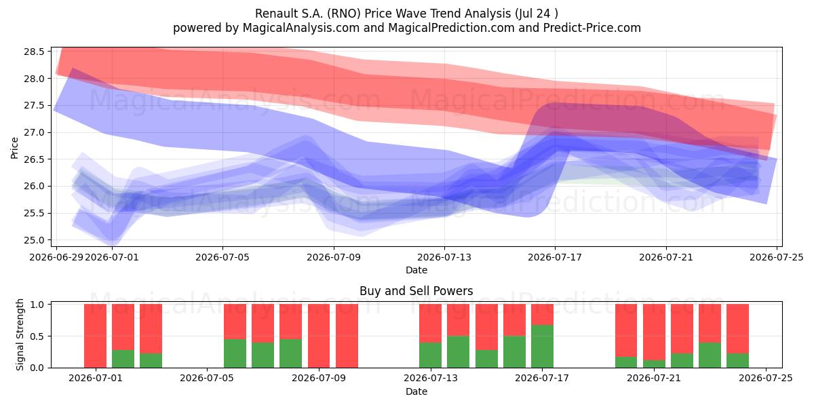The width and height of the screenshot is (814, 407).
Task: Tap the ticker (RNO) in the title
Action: [x=344, y=14]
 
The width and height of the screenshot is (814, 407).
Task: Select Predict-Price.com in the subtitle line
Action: [x=592, y=28]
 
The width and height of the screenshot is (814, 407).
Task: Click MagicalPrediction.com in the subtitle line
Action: [x=451, y=28]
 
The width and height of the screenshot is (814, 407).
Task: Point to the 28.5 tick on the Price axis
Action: [x=34, y=52]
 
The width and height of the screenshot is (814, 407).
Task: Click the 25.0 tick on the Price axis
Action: [x=34, y=240]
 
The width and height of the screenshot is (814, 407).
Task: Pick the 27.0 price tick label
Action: [x=34, y=133]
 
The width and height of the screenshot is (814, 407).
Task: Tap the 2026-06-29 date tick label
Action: [x=56, y=257]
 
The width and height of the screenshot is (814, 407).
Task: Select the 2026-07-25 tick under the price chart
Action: [x=777, y=257]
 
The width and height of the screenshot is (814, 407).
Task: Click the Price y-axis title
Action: [x=14, y=148]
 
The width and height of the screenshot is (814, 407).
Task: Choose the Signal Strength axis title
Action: [x=20, y=334]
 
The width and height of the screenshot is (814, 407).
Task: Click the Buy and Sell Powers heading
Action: [x=416, y=291]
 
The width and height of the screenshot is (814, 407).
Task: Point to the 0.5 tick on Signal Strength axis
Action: [x=37, y=336]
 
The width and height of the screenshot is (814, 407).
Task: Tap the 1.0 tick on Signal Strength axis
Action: [x=37, y=305]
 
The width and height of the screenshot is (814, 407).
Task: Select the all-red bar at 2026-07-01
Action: [x=95, y=336]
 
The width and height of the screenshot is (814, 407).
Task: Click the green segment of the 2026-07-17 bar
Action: [x=542, y=347]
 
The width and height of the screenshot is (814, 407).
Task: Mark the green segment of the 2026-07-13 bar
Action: [x=430, y=355]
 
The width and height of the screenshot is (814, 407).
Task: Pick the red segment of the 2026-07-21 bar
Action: [x=654, y=332]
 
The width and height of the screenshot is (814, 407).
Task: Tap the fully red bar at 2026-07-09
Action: [x=319, y=336]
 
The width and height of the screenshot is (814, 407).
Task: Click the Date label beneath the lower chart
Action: [x=416, y=391]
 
